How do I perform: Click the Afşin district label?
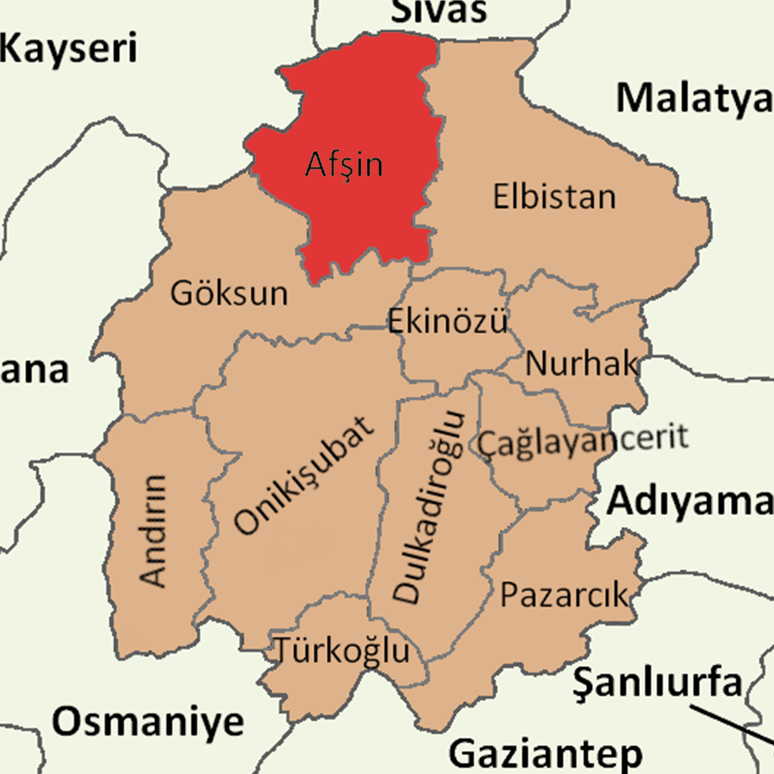click(x=344, y=165)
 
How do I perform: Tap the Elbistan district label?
click(x=554, y=196)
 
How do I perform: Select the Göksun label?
click(x=229, y=293)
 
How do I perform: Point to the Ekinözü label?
click(x=448, y=321)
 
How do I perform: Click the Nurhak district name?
click(x=581, y=364)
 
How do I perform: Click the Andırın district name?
click(x=153, y=530)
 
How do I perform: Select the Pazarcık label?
click(x=564, y=595)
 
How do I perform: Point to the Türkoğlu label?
click(x=343, y=651)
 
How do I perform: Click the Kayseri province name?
click(x=69, y=49)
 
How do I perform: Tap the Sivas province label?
click(x=439, y=11)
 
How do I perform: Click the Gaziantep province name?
click(x=545, y=754)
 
